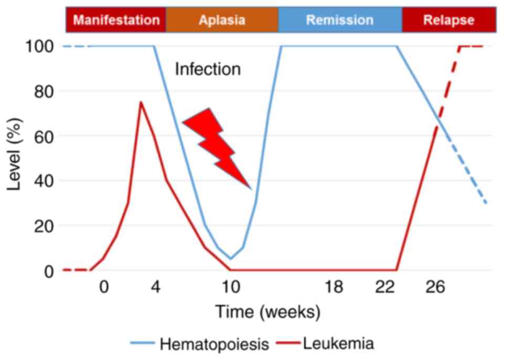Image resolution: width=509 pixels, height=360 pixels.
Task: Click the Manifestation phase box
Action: tap(116, 20)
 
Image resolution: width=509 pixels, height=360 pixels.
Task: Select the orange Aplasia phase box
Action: tap(222, 20)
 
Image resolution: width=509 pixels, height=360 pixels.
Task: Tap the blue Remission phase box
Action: tap(340, 20)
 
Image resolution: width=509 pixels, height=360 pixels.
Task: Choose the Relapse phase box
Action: tap(449, 20)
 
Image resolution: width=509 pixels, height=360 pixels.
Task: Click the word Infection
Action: tap(207, 69)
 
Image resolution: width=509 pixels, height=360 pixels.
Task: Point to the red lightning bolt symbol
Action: tap(216, 145)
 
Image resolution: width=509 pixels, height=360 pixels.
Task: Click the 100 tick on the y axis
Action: tap(39, 47)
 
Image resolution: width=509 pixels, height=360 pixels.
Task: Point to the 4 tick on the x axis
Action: tap(155, 288)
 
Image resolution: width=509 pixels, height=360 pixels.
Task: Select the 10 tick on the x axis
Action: tap(230, 288)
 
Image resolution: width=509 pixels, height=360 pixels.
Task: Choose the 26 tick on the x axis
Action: tap(435, 288)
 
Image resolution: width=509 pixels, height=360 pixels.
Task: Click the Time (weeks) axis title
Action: tap(267, 312)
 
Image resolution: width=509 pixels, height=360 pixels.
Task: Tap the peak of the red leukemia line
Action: tap(141, 102)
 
